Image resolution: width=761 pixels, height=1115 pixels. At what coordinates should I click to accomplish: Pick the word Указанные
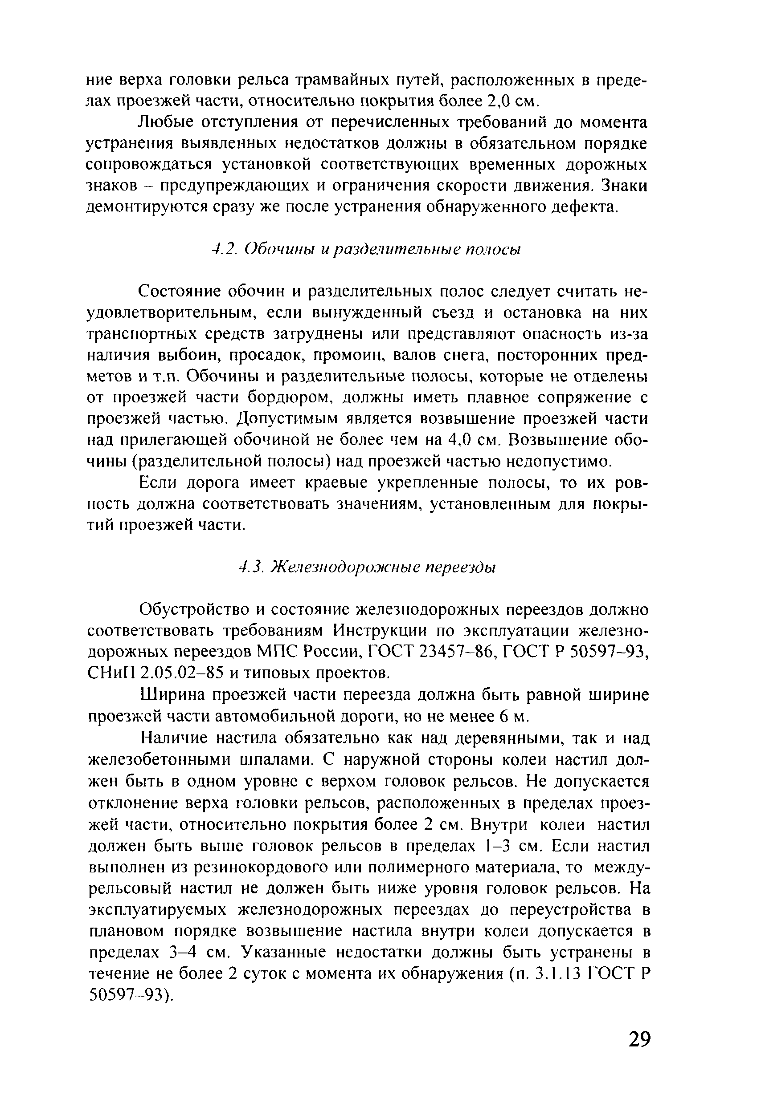point(290,950)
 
